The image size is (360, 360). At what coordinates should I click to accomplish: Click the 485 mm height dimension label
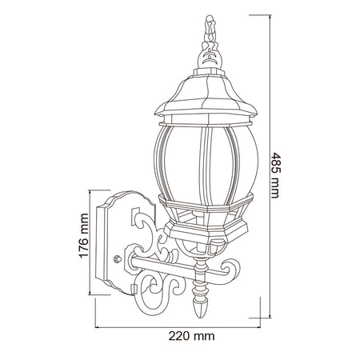pos(275,175)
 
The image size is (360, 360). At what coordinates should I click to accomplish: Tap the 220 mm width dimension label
pos(191,336)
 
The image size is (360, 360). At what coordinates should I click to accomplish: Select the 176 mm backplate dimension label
pos(84,235)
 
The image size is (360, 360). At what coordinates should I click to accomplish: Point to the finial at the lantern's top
pos(210,42)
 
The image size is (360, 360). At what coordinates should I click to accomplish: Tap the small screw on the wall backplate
pos(118,258)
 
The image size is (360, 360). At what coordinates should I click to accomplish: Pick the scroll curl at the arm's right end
pos(231,270)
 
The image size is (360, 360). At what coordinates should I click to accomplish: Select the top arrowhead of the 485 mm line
pos(270,17)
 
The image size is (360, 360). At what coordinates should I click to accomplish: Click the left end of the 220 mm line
pos(95,327)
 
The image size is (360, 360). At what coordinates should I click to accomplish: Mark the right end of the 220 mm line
pos(260,327)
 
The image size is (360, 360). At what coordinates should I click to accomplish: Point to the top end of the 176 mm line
pos(90,190)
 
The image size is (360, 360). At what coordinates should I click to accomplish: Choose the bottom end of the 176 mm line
pos(90,294)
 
